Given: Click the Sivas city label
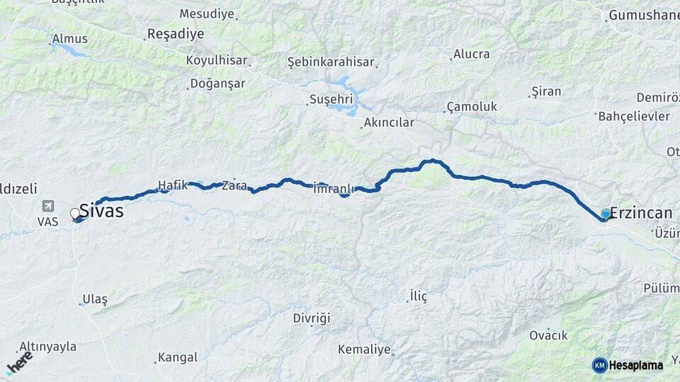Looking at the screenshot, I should pyautogui.click(x=101, y=210).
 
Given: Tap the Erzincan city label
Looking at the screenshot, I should pyautogui.click(x=640, y=212).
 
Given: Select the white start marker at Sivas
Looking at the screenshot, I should pyautogui.click(x=75, y=213).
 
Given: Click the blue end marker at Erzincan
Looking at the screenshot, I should pyautogui.click(x=606, y=213).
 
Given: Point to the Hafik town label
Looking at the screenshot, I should pyautogui.click(x=172, y=185).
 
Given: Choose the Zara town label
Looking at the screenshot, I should pyautogui.click(x=234, y=186).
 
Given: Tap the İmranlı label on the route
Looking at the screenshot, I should pyautogui.click(x=332, y=189).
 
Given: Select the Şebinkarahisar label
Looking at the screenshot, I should pyautogui.click(x=330, y=62).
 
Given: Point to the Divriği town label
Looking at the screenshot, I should pyautogui.click(x=312, y=318).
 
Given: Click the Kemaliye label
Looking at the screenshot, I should pyautogui.click(x=364, y=349).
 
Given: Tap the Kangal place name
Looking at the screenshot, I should pyautogui.click(x=177, y=357).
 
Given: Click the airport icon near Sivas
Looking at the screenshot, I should pyautogui.click(x=47, y=207).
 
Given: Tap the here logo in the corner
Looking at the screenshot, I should pyautogui.click(x=20, y=362).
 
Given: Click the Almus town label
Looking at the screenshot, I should pyautogui.click(x=69, y=38).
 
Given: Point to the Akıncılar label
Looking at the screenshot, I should pyautogui.click(x=388, y=122).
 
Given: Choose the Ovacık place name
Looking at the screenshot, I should pyautogui.click(x=548, y=335).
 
